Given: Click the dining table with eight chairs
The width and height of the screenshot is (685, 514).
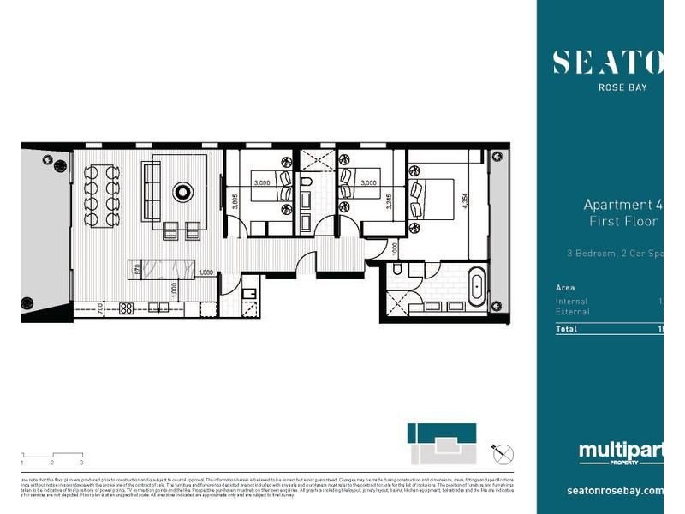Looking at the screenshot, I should (102, 194).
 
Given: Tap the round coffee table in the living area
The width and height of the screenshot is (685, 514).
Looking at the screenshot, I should (183, 191).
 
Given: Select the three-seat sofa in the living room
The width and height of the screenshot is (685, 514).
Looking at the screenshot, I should (151, 191).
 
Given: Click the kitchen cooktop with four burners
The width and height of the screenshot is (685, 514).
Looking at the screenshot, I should (126, 307).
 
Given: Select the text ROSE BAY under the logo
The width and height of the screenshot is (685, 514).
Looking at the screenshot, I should (621, 87).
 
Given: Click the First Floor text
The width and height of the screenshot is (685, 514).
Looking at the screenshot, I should (622, 222).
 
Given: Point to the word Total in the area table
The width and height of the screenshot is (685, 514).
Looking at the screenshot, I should (566, 329).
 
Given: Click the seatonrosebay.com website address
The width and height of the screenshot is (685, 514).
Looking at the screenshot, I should (615, 491).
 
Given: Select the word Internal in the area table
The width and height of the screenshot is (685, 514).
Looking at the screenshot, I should (571, 302).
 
